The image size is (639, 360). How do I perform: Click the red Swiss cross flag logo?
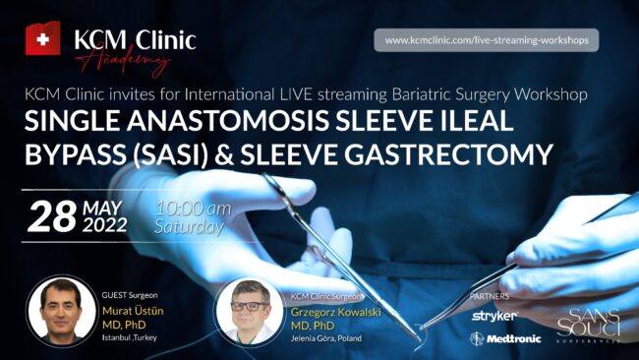tap(42, 38)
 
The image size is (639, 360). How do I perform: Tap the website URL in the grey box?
tap(486, 40)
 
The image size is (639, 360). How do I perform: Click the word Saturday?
tap(186, 225)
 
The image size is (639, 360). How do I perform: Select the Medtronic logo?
tap(500, 338)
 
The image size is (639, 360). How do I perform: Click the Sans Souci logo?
tap(584, 326)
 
